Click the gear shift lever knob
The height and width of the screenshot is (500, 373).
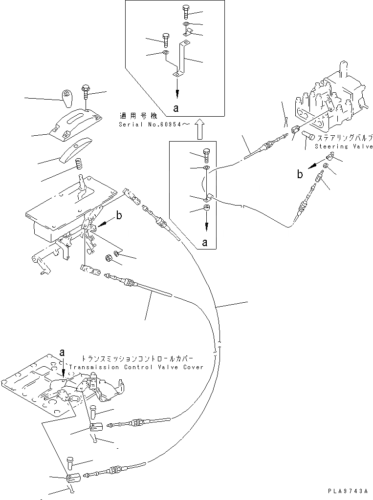(x=67, y=96)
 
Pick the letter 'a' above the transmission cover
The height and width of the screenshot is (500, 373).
(x=62, y=352)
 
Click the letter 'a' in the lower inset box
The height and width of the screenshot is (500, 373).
(x=206, y=242)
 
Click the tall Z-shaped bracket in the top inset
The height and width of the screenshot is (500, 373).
(x=184, y=59)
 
